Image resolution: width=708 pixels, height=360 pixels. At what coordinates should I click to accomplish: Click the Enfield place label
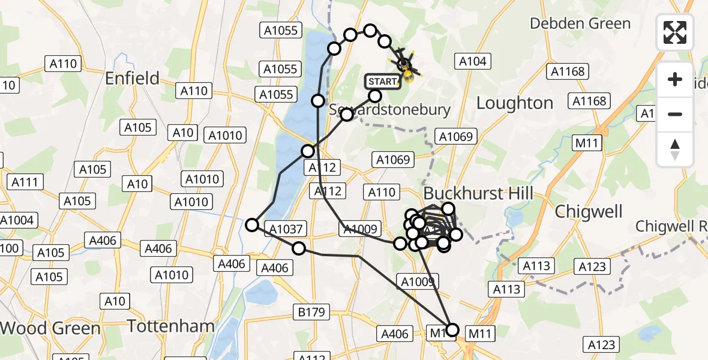point(132,78)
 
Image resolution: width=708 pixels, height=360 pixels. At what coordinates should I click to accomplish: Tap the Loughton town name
point(514,103)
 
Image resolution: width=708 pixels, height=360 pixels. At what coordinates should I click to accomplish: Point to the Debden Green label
point(580,23)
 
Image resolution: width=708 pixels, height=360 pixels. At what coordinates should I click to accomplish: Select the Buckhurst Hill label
point(478,193)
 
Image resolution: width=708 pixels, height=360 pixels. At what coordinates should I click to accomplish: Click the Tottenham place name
point(171,326)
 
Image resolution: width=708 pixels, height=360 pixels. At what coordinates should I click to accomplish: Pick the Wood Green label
point(50,328)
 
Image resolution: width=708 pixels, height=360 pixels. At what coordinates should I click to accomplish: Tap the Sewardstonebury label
point(389,110)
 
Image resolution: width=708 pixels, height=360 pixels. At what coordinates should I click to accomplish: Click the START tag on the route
point(382,81)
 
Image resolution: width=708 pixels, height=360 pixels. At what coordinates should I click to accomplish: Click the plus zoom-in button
point(675,79)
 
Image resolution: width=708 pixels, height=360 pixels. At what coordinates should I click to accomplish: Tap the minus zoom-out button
point(675,114)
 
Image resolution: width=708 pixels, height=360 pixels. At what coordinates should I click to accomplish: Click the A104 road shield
point(473,61)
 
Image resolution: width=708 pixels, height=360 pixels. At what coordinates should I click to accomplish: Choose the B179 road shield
point(310,311)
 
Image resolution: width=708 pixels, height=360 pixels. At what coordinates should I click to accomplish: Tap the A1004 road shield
point(16,220)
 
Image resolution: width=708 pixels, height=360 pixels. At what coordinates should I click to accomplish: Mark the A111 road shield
point(24,182)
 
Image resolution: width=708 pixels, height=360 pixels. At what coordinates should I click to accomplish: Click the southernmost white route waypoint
point(452,329)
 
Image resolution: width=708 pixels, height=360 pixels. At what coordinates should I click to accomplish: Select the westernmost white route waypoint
point(253,225)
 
